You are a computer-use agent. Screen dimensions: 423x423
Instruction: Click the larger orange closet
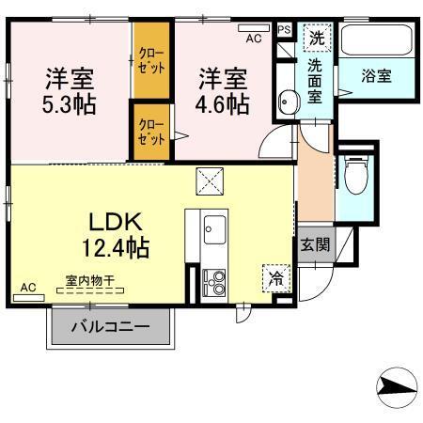(x=149, y=61)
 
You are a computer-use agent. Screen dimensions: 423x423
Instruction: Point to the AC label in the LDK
(x=28, y=287)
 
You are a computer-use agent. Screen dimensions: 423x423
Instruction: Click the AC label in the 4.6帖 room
(x=253, y=39)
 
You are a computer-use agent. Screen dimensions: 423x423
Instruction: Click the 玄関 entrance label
(x=315, y=243)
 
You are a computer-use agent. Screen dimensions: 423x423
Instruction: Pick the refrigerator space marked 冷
(x=275, y=278)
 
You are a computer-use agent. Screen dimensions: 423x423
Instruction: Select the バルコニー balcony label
(x=112, y=330)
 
